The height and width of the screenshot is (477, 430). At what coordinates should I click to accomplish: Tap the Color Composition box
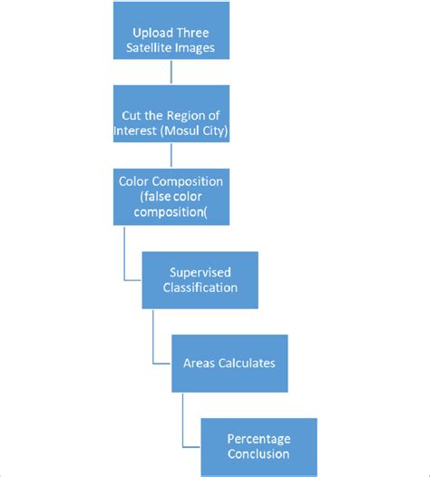pos(171,196)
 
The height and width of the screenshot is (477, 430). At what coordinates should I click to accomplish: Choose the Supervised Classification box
pos(200,279)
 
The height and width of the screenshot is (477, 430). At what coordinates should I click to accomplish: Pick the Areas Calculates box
pos(230,363)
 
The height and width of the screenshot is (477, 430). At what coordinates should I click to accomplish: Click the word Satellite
pos(150,49)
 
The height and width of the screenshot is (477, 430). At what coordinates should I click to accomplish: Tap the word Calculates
pos(247,363)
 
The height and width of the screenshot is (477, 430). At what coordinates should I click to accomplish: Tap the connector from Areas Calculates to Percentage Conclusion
pos(183,417)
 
